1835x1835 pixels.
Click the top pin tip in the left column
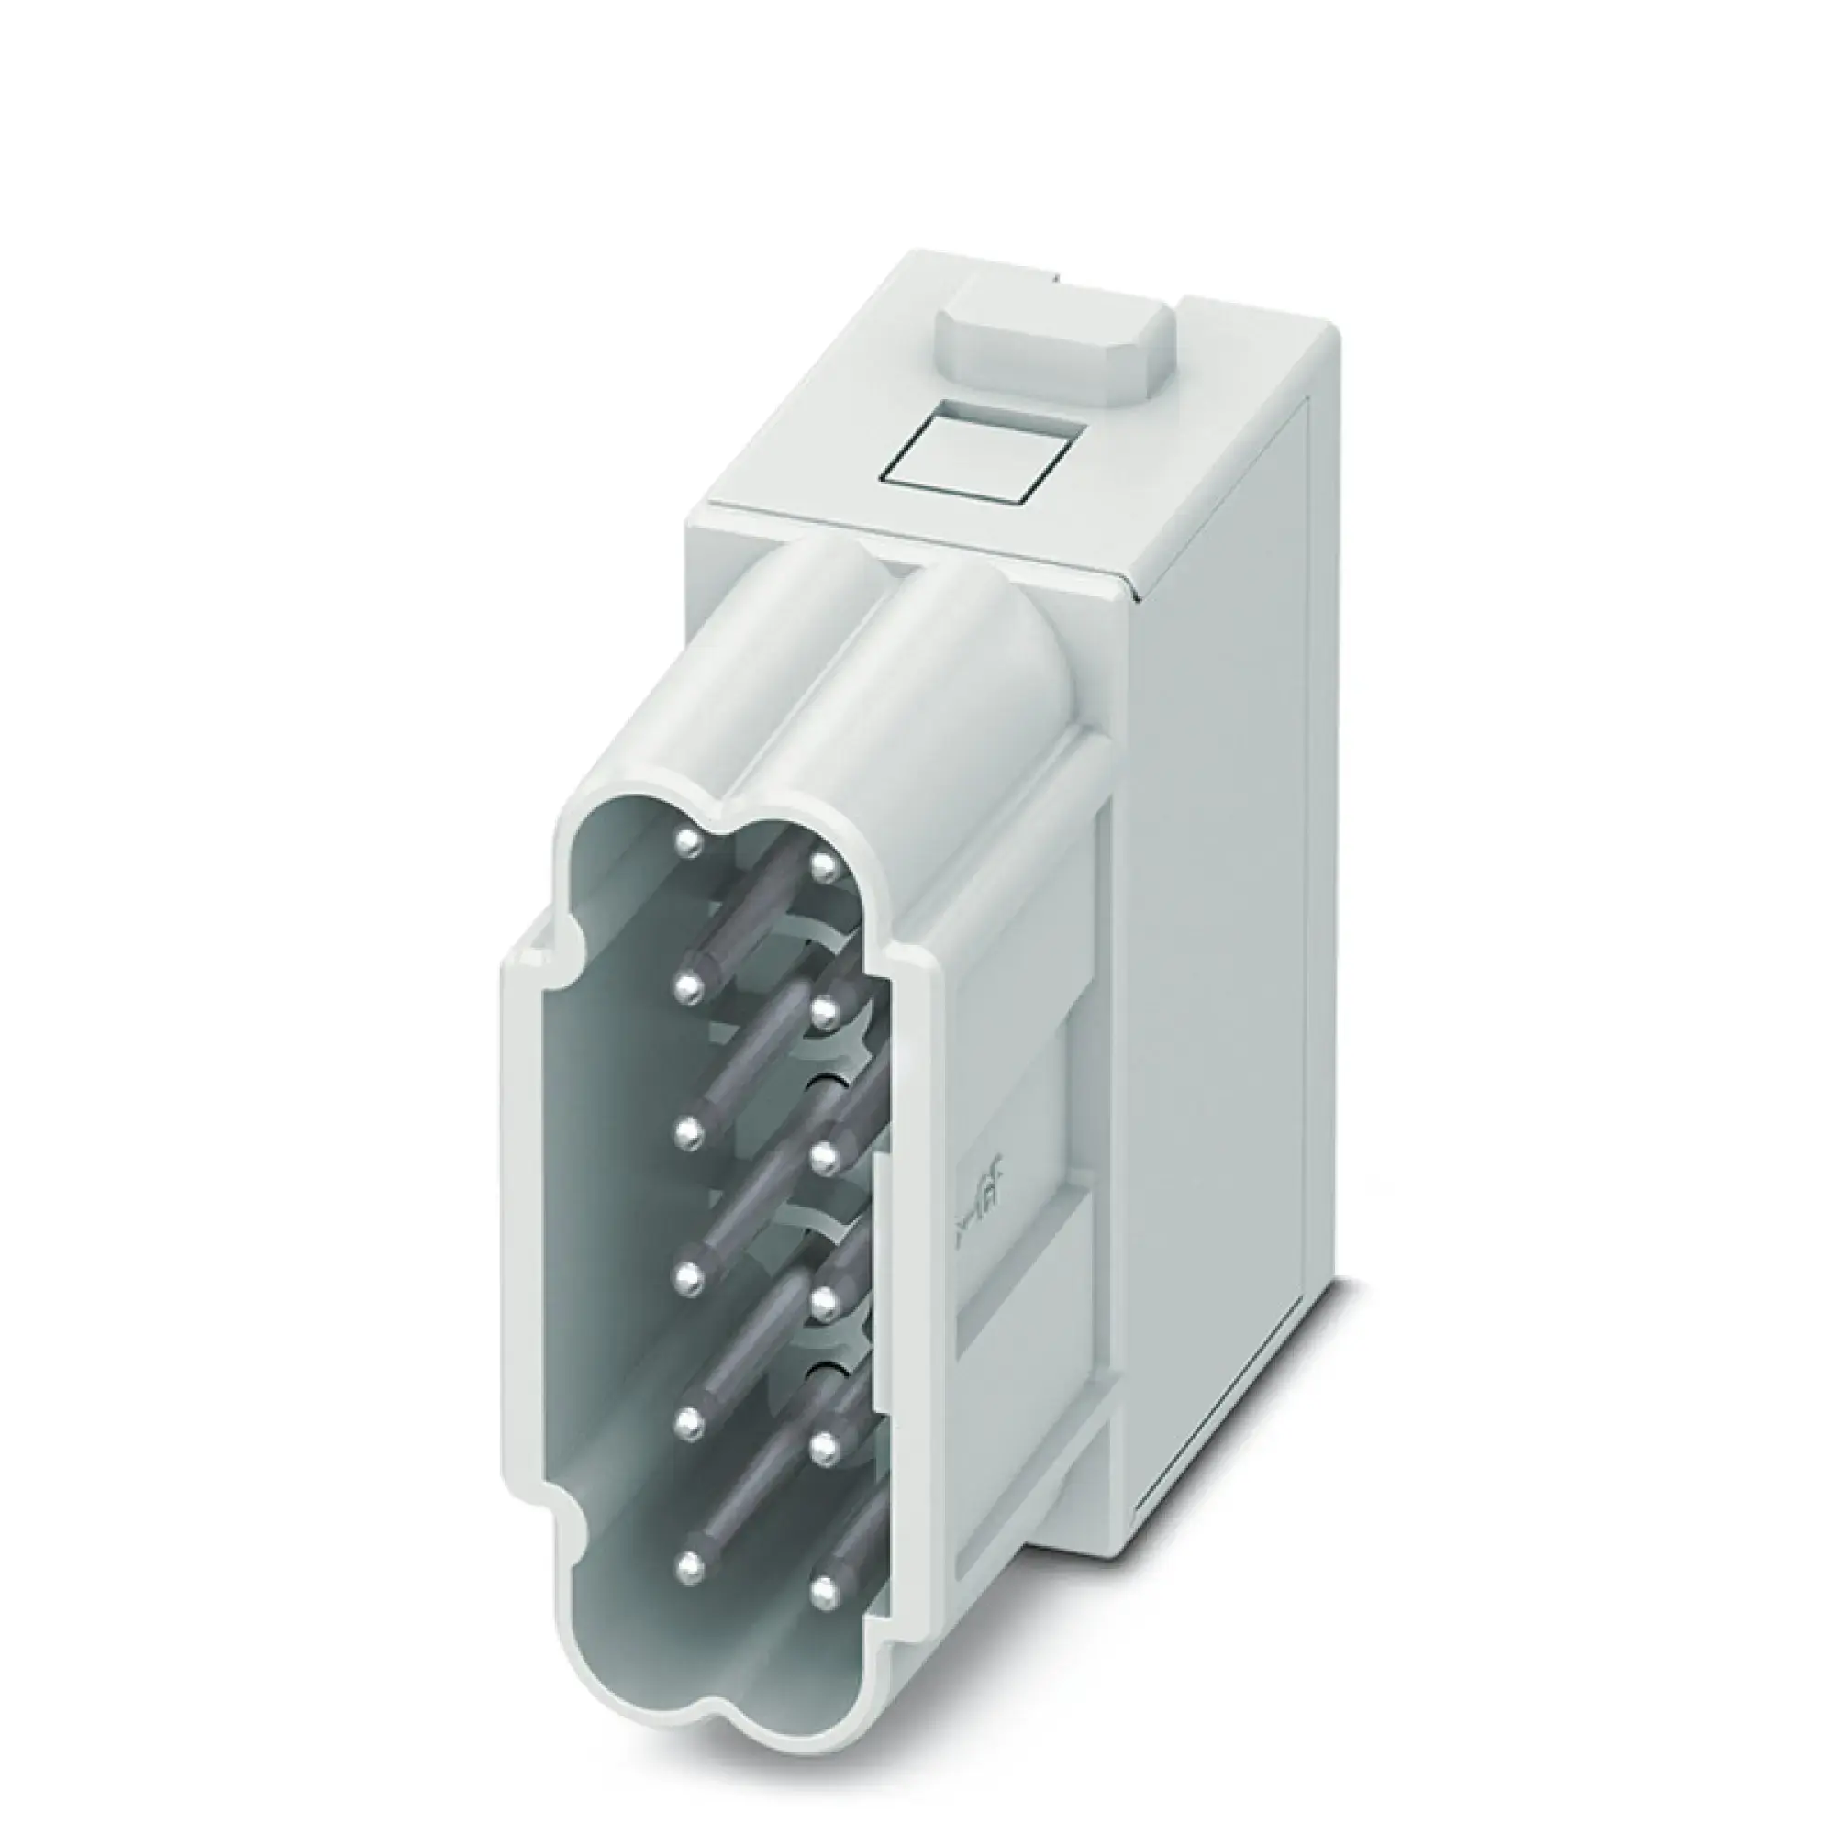(x=690, y=842)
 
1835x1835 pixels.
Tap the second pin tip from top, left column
(x=689, y=988)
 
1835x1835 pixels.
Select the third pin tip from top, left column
(x=689, y=1131)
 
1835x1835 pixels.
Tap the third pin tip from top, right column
(x=826, y=1154)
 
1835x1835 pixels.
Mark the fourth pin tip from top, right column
(x=826, y=1298)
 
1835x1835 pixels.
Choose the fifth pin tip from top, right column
(x=826, y=1442)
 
